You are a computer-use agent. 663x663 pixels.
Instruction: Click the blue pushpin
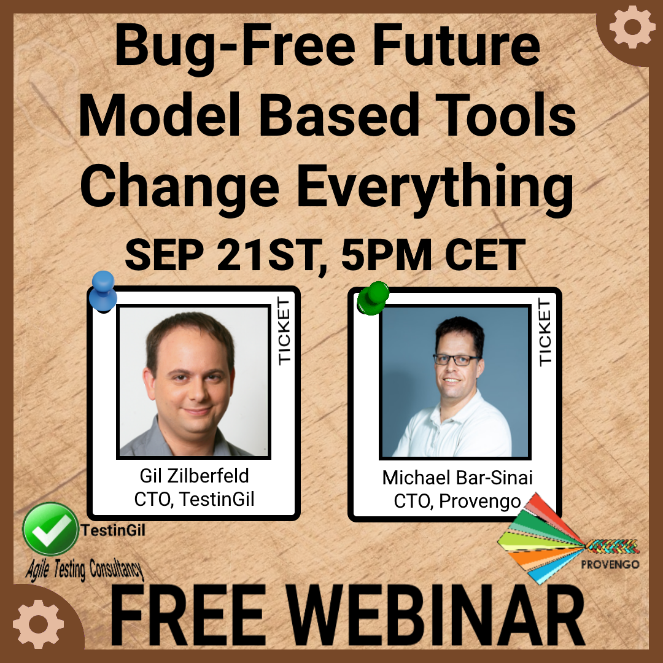click(x=103, y=292)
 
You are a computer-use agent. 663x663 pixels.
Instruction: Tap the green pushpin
click(x=373, y=298)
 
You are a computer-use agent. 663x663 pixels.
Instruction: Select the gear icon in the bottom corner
click(x=38, y=624)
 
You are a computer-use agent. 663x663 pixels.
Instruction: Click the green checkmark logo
click(x=51, y=529)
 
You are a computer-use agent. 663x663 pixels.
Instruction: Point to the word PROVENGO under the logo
click(x=610, y=565)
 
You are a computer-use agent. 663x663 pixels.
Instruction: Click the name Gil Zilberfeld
click(x=194, y=476)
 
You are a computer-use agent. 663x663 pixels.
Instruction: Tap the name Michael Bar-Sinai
click(x=457, y=478)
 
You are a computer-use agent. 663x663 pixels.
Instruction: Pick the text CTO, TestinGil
click(x=194, y=499)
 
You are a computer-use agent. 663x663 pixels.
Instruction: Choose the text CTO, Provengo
click(x=457, y=501)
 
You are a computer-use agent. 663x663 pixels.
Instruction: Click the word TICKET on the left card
click(x=284, y=331)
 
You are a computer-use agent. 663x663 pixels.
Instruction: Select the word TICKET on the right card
click(x=545, y=332)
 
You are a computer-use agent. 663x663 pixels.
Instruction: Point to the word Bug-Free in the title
click(x=235, y=47)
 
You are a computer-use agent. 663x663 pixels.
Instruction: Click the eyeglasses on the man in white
click(x=457, y=360)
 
